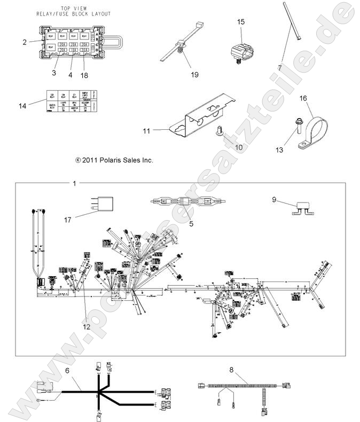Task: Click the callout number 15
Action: [241, 22]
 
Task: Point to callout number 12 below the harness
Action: [86, 326]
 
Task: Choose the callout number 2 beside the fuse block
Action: [25, 41]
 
